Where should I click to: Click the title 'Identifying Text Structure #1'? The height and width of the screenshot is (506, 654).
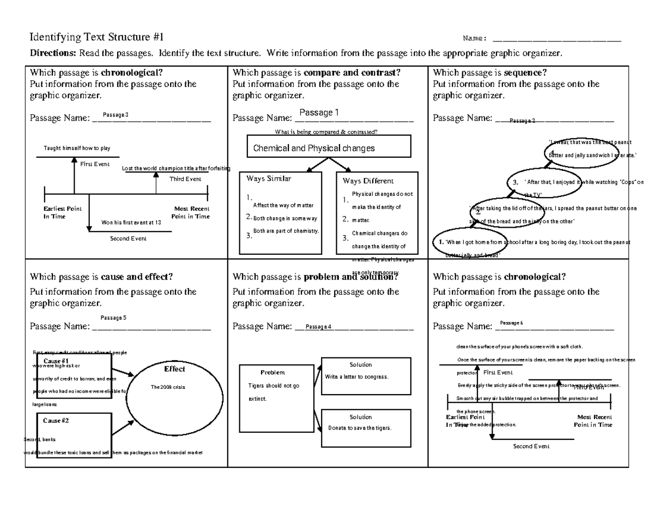tap(96, 38)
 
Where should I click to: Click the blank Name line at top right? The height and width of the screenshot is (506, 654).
tap(556, 39)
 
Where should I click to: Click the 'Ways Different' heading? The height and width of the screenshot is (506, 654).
tap(368, 181)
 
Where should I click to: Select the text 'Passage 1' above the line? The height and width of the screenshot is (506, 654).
tap(319, 112)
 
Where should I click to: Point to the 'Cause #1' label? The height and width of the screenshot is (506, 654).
tap(56, 361)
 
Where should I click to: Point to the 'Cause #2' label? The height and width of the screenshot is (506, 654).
tap(56, 421)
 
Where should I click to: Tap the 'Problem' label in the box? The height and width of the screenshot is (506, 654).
tap(272, 372)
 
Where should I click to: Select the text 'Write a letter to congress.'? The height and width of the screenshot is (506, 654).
tap(356, 377)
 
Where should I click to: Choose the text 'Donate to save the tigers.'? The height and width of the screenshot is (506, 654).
tap(360, 427)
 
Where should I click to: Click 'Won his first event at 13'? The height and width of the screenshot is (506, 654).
tap(131, 222)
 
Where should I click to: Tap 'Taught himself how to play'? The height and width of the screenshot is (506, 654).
tap(77, 148)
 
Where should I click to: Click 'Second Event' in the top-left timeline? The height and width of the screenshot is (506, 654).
tap(129, 239)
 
